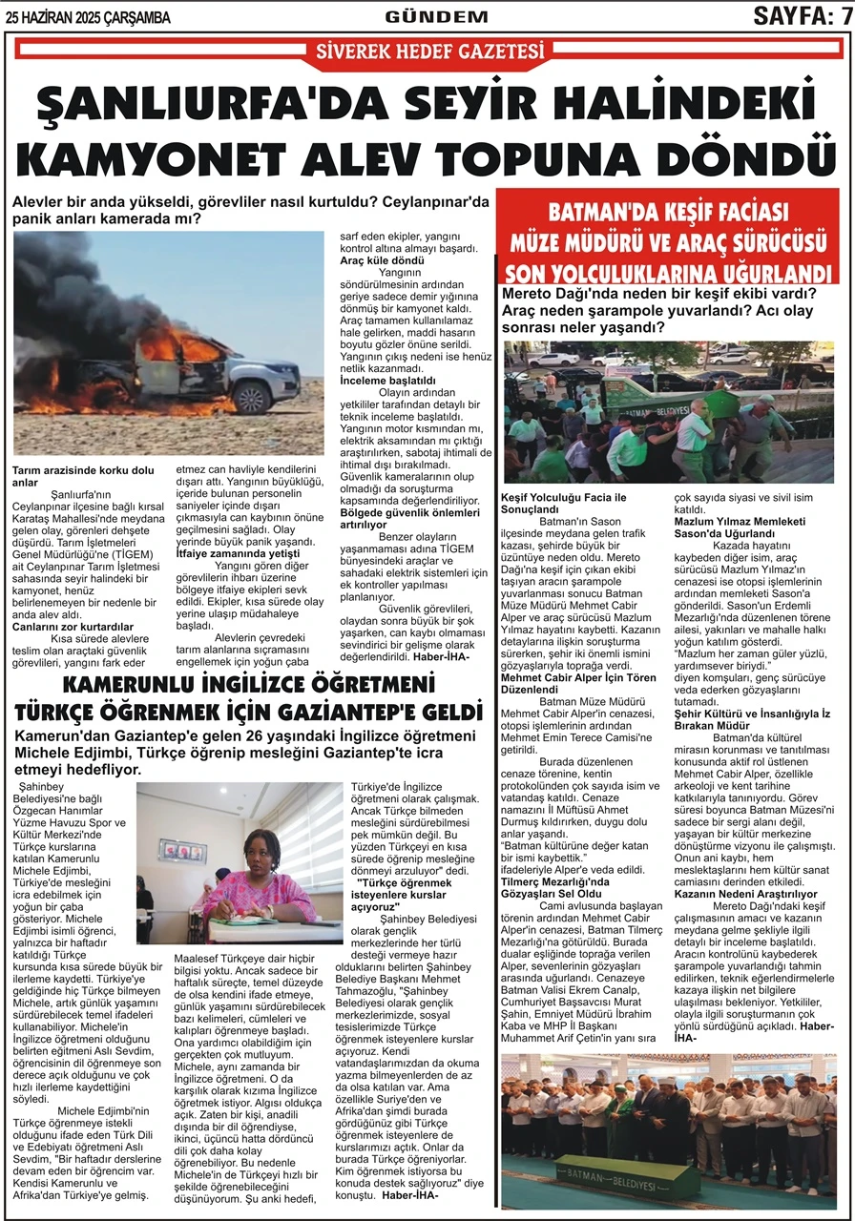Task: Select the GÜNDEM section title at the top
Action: (x=436, y=16)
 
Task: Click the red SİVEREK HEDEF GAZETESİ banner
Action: (x=428, y=52)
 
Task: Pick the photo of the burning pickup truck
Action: (x=168, y=343)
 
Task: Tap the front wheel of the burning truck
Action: (x=252, y=396)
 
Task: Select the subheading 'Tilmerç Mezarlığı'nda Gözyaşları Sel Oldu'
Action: (x=556, y=888)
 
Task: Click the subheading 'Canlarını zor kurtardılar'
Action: (x=73, y=627)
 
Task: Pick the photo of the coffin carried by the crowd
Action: (x=668, y=412)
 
